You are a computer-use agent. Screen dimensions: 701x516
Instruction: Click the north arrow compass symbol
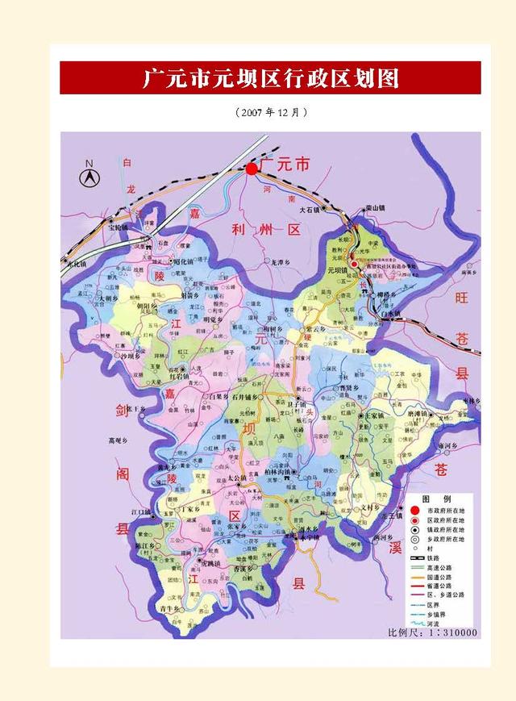(89, 175)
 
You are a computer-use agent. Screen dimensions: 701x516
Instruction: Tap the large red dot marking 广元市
(252, 169)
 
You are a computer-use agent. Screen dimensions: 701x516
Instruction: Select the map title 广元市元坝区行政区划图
(270, 78)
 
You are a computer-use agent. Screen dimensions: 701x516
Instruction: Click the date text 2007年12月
(271, 113)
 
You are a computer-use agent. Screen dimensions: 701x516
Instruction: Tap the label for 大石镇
(310, 209)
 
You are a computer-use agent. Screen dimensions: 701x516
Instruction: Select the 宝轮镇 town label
(118, 228)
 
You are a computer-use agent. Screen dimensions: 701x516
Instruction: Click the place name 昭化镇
(184, 262)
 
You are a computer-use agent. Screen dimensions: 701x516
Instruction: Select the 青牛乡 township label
(169, 608)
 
